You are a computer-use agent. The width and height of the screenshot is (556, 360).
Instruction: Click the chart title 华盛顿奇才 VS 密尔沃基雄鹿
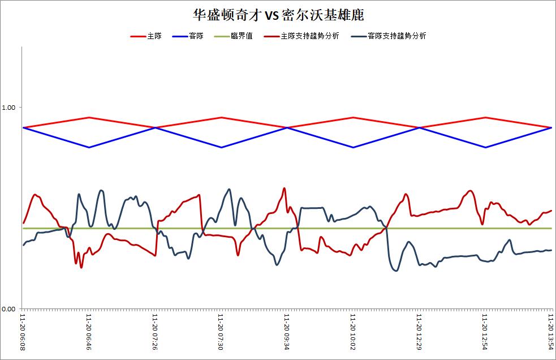pyautogui.click(x=278, y=15)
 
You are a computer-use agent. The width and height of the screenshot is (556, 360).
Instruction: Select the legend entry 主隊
pyautogui.click(x=146, y=36)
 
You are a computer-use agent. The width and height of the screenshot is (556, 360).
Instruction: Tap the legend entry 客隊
pyautogui.click(x=188, y=36)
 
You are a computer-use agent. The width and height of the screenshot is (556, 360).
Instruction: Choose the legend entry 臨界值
pyautogui.click(x=234, y=36)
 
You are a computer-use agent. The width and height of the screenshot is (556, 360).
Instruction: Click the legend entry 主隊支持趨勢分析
pyautogui.click(x=301, y=36)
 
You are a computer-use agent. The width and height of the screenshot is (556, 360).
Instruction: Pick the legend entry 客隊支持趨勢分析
pyautogui.click(x=388, y=36)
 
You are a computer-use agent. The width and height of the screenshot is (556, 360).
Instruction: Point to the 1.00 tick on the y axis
pyautogui.click(x=8, y=107)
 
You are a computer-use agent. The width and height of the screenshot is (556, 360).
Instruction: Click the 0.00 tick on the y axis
pyautogui.click(x=8, y=309)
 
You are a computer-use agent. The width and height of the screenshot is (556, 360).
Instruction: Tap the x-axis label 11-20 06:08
pyautogui.click(x=23, y=332)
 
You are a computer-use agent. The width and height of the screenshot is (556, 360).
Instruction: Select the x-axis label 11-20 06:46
pyautogui.click(x=89, y=332)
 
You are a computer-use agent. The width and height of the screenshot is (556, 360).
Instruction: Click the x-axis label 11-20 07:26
pyautogui.click(x=155, y=332)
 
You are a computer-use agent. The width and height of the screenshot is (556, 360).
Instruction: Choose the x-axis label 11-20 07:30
pyautogui.click(x=221, y=332)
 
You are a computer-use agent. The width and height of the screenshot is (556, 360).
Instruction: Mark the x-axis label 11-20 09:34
pyautogui.click(x=287, y=332)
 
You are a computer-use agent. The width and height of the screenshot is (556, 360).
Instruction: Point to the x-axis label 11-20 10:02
pyautogui.click(x=353, y=332)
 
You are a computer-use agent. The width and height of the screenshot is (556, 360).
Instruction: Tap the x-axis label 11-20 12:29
pyautogui.click(x=419, y=332)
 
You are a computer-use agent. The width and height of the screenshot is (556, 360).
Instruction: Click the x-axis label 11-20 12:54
pyautogui.click(x=485, y=332)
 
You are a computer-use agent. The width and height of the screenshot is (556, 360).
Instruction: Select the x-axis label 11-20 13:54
pyautogui.click(x=551, y=332)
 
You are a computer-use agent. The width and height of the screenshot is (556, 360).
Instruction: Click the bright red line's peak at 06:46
pyautogui.click(x=89, y=118)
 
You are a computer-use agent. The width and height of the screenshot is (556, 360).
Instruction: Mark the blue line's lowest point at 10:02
pyautogui.click(x=353, y=147)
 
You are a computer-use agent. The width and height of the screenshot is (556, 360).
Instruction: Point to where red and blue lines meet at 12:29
pyautogui.click(x=420, y=127)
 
